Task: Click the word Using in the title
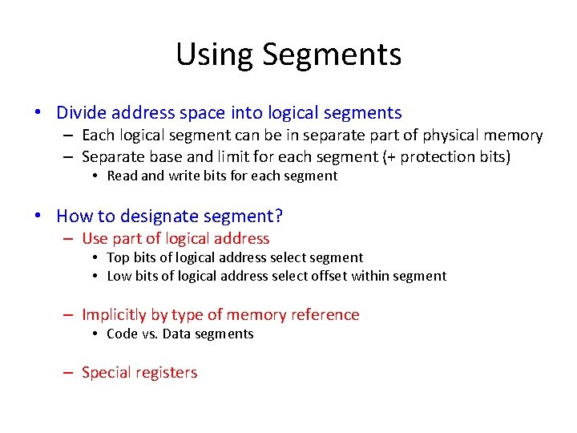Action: click(x=214, y=55)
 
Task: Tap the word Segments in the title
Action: click(x=331, y=55)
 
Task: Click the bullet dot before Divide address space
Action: click(x=38, y=114)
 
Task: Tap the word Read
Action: click(x=122, y=176)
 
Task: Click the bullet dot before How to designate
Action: click(x=38, y=216)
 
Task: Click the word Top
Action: click(x=118, y=257)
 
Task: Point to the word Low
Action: click(x=119, y=276)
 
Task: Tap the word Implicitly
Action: click(x=113, y=314)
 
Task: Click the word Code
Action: click(x=122, y=334)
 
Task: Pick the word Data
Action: click(x=177, y=334)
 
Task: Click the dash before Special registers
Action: click(x=67, y=373)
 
